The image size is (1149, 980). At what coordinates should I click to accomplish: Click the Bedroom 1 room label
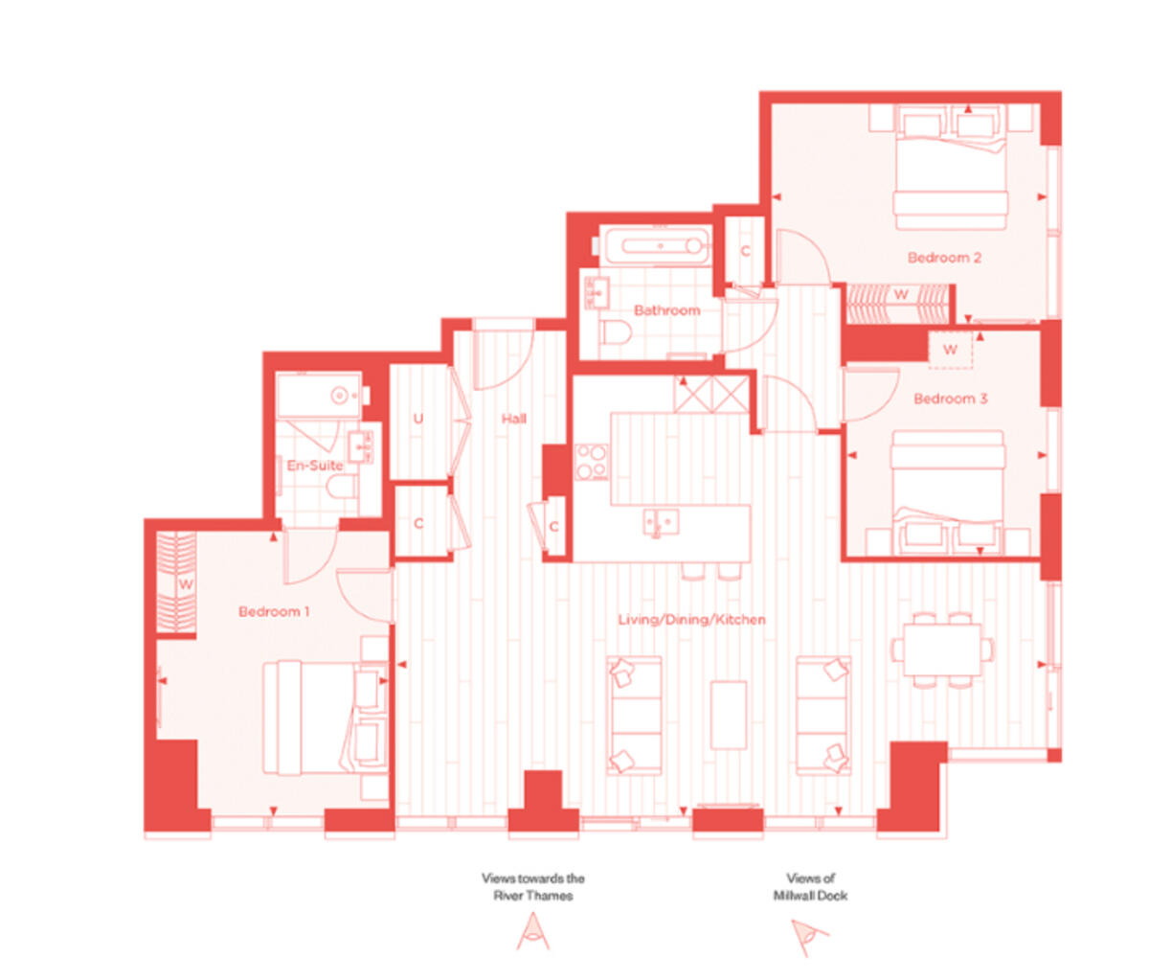coord(274,611)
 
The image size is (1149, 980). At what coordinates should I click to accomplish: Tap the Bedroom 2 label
coord(944,258)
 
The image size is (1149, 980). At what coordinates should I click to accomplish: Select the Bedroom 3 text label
coord(950,399)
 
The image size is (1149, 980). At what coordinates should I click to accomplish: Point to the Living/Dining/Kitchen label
coord(691,620)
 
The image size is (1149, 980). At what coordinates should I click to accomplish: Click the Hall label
coord(514,419)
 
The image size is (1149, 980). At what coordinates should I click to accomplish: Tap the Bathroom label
coord(666,310)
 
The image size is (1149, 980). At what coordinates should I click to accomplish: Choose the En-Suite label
coord(315,466)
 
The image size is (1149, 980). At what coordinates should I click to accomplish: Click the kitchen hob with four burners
coord(592,462)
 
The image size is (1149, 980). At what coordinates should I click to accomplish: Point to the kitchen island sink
coord(660,522)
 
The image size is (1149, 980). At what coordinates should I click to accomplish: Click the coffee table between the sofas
coord(729,715)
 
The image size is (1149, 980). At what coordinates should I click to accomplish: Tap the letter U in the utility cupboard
coord(418,420)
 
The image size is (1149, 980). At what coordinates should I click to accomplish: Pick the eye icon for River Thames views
coord(533,931)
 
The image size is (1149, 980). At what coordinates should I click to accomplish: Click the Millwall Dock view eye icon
coord(808,935)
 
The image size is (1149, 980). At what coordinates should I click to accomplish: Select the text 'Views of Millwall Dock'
coord(810,886)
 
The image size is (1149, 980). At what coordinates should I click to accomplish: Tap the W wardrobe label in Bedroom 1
coord(186,583)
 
